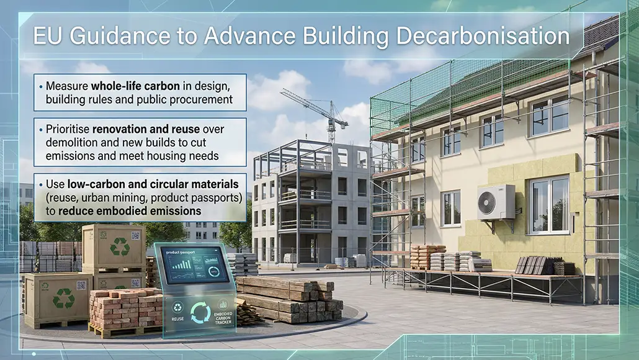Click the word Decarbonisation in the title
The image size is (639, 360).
click(x=483, y=35)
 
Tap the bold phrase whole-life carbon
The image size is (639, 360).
click(x=135, y=86)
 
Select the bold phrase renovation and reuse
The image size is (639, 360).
click(x=146, y=129)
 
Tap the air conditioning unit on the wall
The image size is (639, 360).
click(x=496, y=202)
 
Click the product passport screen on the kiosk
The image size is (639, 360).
click(x=194, y=266)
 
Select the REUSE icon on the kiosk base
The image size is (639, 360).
click(x=177, y=311)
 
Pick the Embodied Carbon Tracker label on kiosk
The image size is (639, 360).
click(x=223, y=313)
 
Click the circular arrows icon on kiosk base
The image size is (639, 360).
click(x=200, y=313)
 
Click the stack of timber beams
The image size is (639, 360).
click(x=288, y=299)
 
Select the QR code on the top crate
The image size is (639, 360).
click(x=136, y=236)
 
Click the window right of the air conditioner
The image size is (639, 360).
click(x=548, y=205)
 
